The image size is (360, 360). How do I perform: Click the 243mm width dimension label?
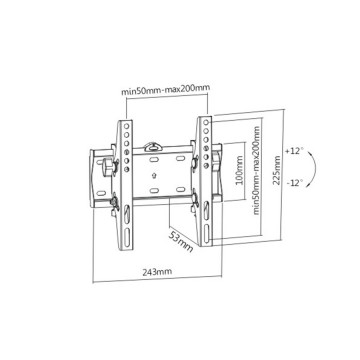click(157, 271)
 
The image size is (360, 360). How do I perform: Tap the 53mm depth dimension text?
click(180, 241)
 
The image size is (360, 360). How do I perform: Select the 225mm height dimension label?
click(276, 170)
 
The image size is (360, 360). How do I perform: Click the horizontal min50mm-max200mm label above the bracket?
click(165, 90)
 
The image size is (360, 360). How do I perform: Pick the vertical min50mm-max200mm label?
click(256, 170)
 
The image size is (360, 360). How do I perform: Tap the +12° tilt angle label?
click(294, 151)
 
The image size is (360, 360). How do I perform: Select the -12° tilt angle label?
click(295, 182)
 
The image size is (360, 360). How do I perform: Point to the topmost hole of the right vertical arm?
click(206, 122)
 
